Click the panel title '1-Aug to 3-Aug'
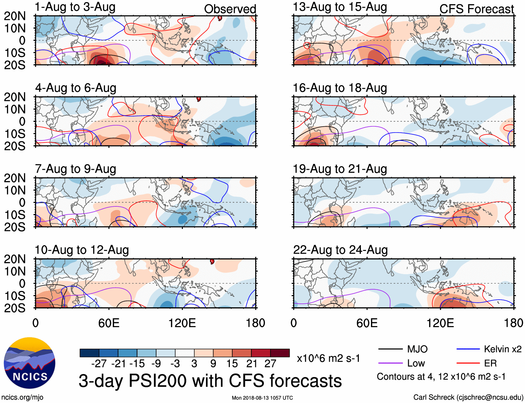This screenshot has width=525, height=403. pos(75,7)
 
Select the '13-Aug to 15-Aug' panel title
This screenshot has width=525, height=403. pos(340,7)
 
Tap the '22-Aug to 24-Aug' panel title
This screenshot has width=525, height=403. pos(340,250)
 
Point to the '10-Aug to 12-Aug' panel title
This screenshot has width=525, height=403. pos(82,250)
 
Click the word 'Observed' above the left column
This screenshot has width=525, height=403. pos(230,9)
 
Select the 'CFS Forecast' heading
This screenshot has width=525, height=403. pos(476,9)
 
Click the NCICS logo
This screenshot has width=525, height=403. pos(30,363)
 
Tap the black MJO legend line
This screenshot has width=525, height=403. pos(390,349)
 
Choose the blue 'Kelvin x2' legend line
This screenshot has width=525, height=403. pos(468,349)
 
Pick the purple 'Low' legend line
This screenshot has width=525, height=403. pos(390,363)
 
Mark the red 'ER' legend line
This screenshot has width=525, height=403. pos(468,363)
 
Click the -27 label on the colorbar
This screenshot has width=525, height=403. pos(99,364)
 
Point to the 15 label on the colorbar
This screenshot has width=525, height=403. pos(232,364)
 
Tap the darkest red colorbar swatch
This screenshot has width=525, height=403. pos(280,353)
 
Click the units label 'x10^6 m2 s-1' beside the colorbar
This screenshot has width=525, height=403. pos(328,358)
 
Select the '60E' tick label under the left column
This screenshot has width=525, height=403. pos(109,323)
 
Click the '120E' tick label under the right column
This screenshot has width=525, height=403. pos(440,323)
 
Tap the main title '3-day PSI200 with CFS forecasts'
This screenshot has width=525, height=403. pos(210,381)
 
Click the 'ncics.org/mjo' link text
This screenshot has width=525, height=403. pos(22,397)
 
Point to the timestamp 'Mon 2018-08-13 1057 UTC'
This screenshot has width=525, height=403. pos(262,398)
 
